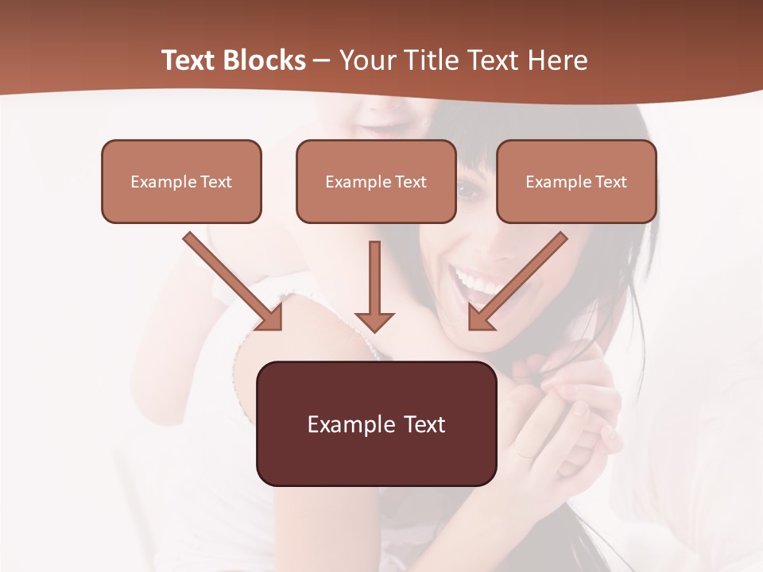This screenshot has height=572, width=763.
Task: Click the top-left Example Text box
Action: (x=181, y=181)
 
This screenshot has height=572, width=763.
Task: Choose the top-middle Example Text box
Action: (x=376, y=181)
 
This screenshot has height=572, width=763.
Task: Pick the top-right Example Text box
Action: (x=576, y=181)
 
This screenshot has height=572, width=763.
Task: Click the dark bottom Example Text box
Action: (x=376, y=423)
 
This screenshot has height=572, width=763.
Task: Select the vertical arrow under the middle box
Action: (x=374, y=286)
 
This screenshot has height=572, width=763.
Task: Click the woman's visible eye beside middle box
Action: (x=468, y=191)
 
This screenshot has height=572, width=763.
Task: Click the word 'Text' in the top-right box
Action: (x=610, y=182)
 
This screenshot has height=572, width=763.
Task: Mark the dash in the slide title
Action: (x=322, y=61)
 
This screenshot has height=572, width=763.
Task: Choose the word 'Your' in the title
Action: (x=364, y=60)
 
